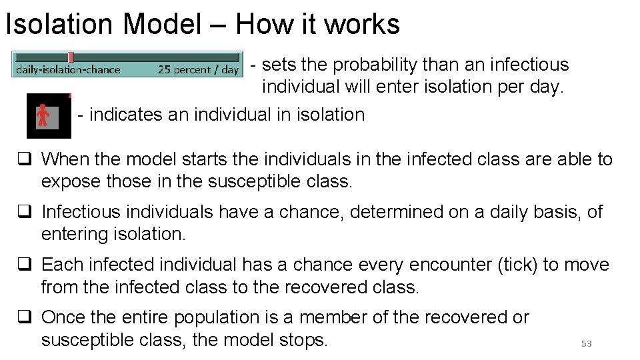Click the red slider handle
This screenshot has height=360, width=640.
click(71, 57)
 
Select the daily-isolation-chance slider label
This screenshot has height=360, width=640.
click(68, 69)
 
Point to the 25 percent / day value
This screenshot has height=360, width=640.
click(198, 69)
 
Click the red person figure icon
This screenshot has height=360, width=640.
click(43, 115)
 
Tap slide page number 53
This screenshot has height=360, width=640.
click(586, 343)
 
